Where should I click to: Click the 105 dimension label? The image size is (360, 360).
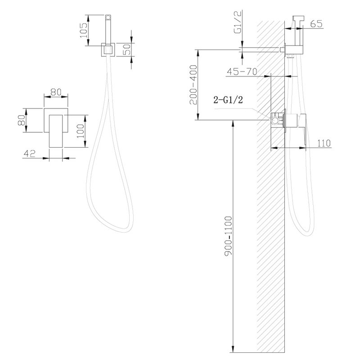coord(83,31)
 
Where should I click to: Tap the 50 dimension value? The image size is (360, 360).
coord(126,49)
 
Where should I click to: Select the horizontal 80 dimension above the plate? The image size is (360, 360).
coord(56,92)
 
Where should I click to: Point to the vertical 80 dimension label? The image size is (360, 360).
coord(22,120)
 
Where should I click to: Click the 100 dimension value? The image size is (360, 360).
coord(81,131)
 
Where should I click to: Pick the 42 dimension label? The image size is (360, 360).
coord(30,153)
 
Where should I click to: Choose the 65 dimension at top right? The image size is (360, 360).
coord(316,24)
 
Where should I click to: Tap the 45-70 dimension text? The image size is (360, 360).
coord(242,72)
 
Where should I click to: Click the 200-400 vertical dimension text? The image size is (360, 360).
coord(193,85)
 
